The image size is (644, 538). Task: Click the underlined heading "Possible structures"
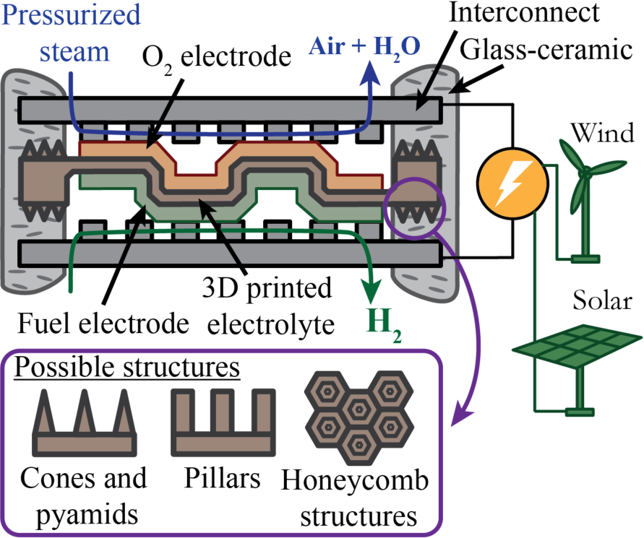(x=127, y=368)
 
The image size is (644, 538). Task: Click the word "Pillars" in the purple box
(x=223, y=477)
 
